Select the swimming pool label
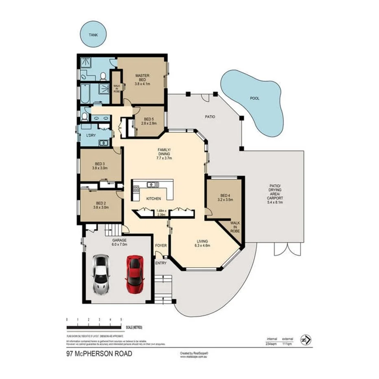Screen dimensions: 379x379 tap(255, 98)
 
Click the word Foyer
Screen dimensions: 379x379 tap(161, 246)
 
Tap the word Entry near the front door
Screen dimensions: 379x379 tap(161, 263)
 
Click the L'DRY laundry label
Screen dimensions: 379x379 tap(91, 136)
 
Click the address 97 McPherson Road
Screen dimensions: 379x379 tap(99, 354)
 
